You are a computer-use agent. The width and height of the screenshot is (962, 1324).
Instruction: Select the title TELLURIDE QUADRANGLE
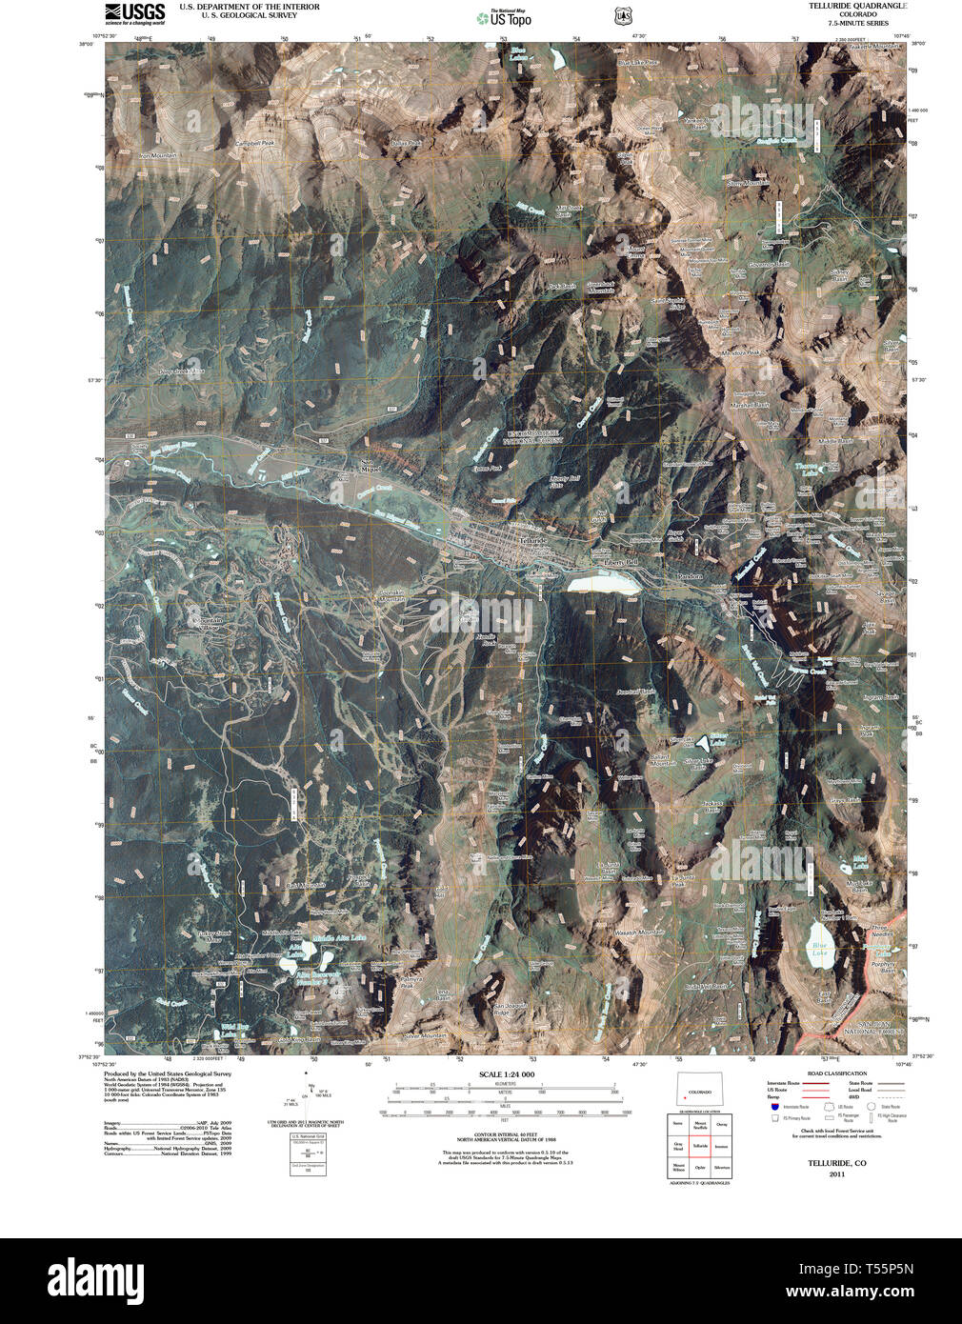tap(857, 6)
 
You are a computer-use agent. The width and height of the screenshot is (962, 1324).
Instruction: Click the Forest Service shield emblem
tap(622, 16)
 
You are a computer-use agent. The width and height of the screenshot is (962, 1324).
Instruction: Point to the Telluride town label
tap(535, 540)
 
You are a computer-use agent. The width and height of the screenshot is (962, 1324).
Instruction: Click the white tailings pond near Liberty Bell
tap(605, 582)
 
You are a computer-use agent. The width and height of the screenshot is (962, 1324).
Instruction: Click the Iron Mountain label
tap(158, 155)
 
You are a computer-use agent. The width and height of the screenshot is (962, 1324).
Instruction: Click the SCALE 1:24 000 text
tap(507, 1074)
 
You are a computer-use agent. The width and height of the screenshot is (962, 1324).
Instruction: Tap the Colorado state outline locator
tap(700, 1091)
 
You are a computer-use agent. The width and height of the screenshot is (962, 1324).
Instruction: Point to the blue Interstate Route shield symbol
tap(774, 1107)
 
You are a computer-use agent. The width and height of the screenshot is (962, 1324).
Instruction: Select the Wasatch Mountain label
tap(639, 932)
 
